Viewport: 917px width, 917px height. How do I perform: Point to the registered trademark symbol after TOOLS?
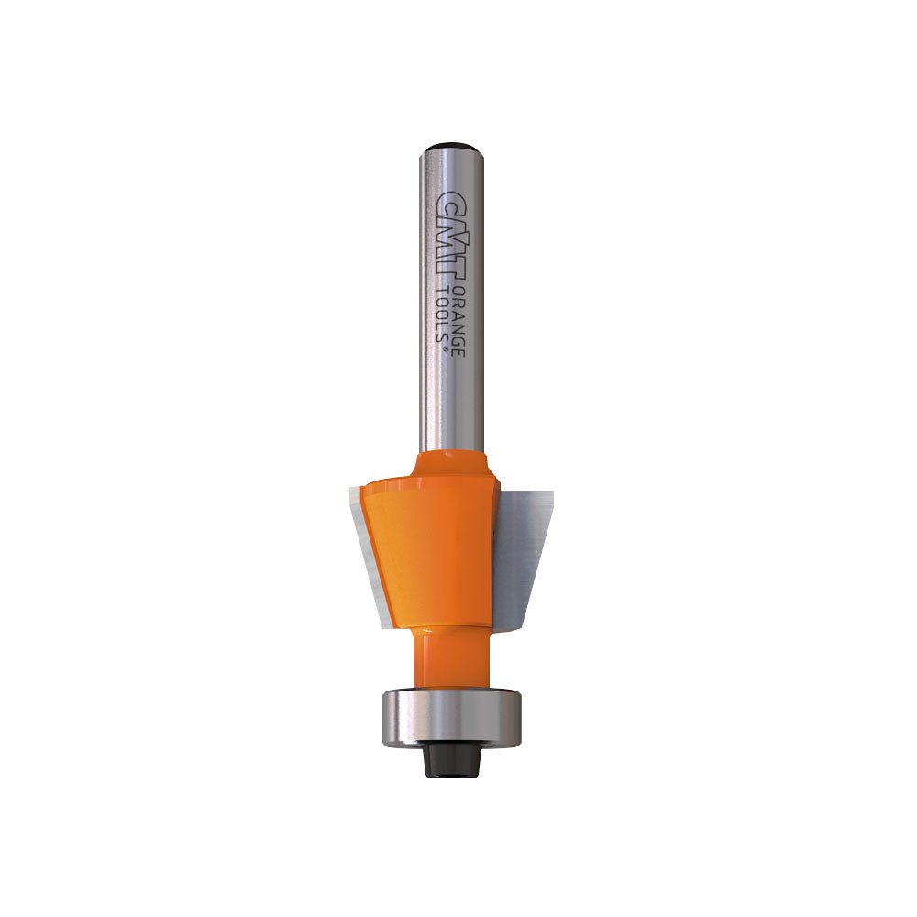pos(447,347)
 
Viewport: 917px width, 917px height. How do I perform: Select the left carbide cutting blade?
pos(371,541)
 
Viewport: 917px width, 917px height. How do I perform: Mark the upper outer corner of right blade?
pos(553,493)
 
